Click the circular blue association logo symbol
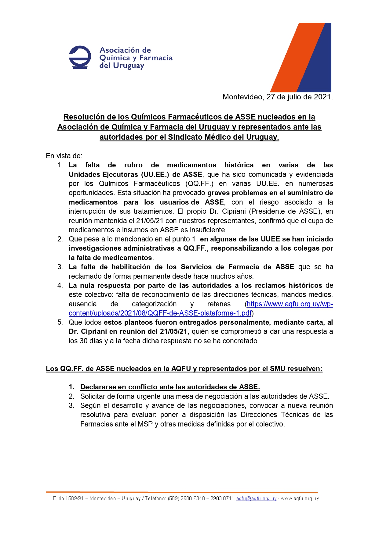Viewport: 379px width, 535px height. point(80,57)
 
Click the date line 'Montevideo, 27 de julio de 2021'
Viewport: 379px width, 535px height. point(277,97)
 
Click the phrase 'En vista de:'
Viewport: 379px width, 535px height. point(64,156)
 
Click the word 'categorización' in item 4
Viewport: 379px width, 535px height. point(154,304)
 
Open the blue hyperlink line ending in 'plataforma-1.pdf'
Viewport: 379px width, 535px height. point(160,313)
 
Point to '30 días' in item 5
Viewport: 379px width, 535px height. point(91,341)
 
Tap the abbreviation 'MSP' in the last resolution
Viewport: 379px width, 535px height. point(145,424)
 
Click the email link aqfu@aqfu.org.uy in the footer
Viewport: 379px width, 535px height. point(256,498)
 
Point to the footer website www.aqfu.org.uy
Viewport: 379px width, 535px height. point(300,498)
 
